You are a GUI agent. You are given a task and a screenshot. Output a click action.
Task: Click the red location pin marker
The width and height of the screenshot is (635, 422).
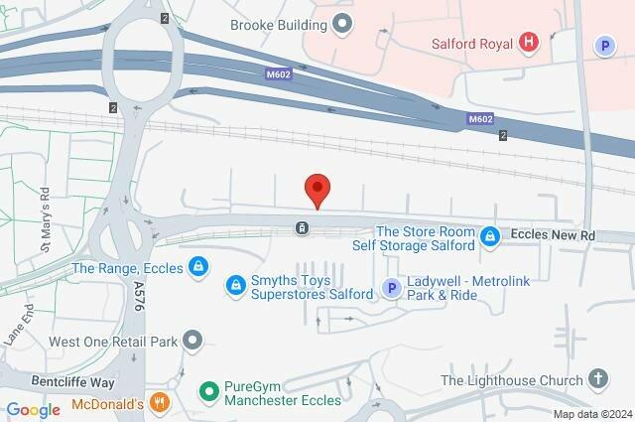(x=317, y=189)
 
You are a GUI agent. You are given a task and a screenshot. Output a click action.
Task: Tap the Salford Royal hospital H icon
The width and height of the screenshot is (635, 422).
(x=529, y=43)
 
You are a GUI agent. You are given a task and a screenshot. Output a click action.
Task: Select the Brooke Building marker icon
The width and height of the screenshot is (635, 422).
(x=344, y=23)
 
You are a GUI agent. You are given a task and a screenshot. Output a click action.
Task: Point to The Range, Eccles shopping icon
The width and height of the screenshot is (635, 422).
(x=198, y=267)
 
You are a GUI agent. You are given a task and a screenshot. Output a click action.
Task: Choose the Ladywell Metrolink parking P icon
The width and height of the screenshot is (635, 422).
(x=392, y=289)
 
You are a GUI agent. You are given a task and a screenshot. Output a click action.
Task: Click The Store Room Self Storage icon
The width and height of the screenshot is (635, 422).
(x=489, y=236)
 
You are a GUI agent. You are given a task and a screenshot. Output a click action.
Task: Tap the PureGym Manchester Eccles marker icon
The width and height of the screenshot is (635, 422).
(x=208, y=393)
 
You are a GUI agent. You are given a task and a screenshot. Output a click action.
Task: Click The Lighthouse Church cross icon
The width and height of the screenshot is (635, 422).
(x=597, y=379)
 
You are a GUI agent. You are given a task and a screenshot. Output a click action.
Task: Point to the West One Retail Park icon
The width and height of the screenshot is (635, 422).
(x=192, y=342)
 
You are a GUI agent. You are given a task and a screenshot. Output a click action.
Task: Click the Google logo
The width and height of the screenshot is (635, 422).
(x=34, y=409)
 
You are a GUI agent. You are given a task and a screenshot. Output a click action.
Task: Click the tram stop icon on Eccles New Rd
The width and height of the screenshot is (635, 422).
(x=301, y=229)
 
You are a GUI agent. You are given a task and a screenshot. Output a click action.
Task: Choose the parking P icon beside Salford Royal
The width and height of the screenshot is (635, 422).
(x=603, y=45)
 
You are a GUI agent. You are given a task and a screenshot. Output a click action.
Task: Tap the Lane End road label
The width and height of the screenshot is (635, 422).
(x=14, y=328)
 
